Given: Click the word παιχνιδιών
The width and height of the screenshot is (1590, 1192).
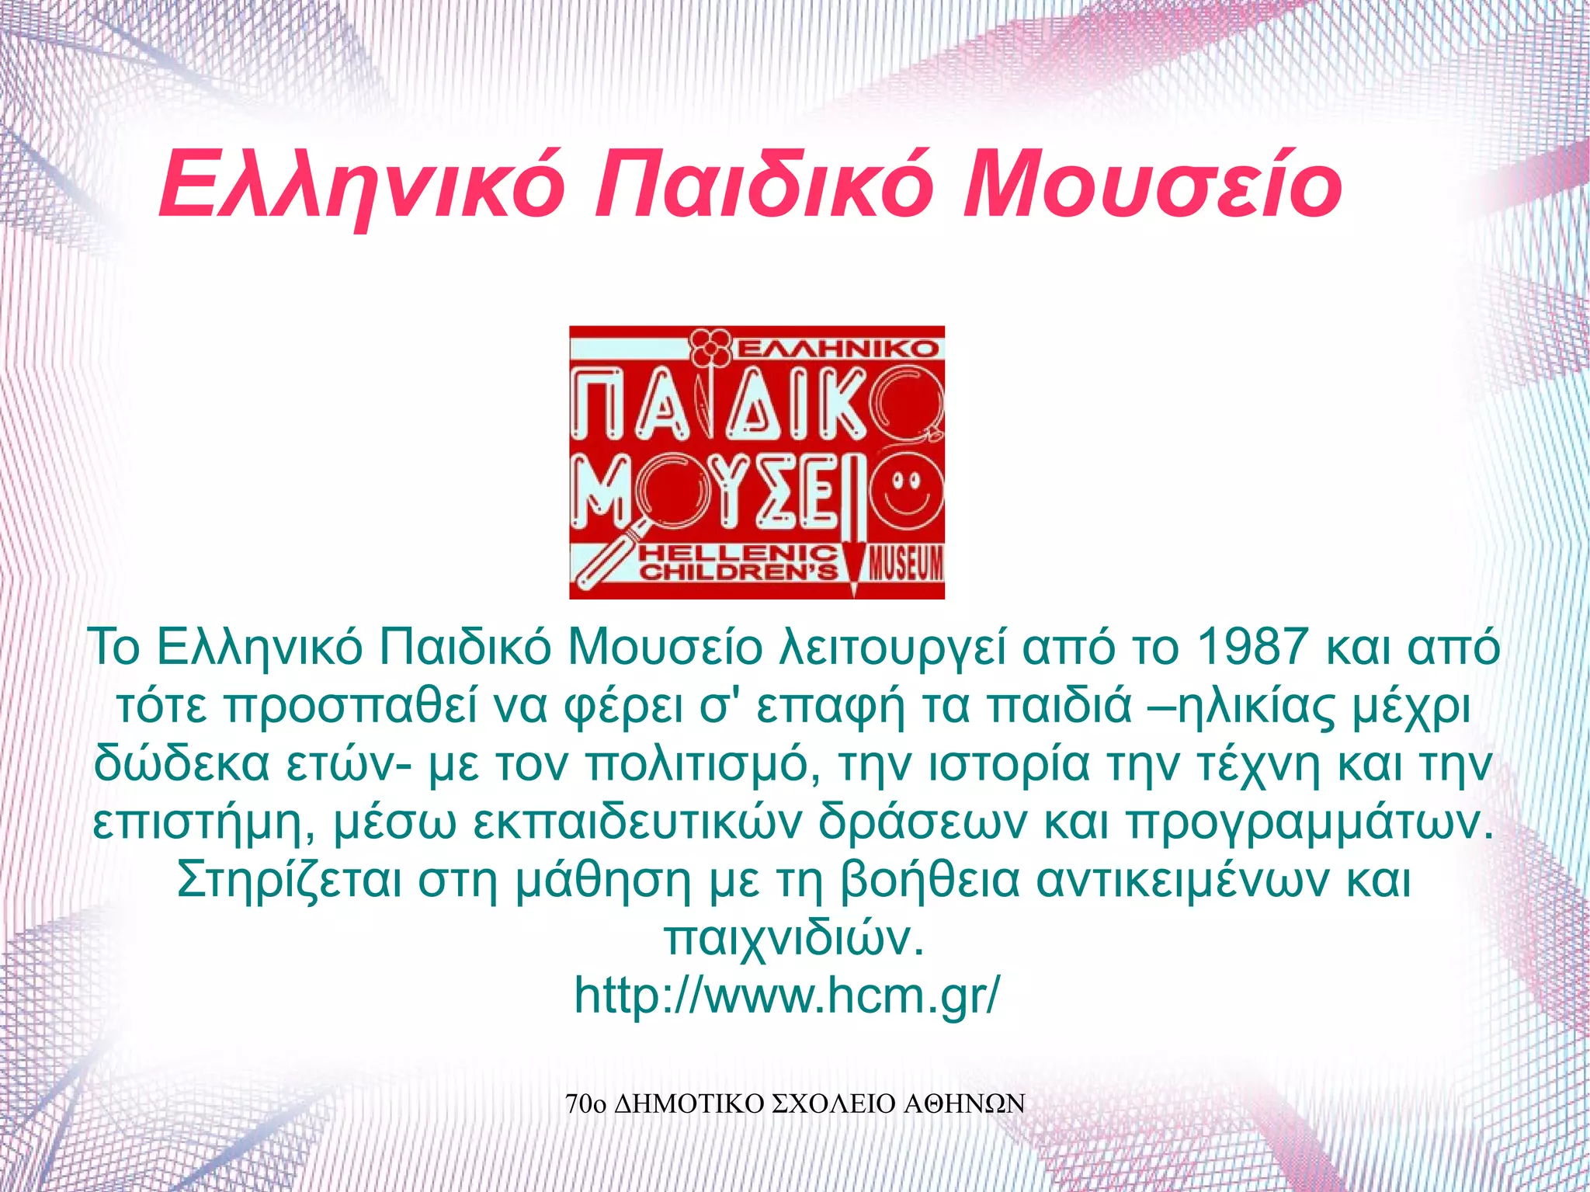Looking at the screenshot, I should (x=793, y=938).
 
